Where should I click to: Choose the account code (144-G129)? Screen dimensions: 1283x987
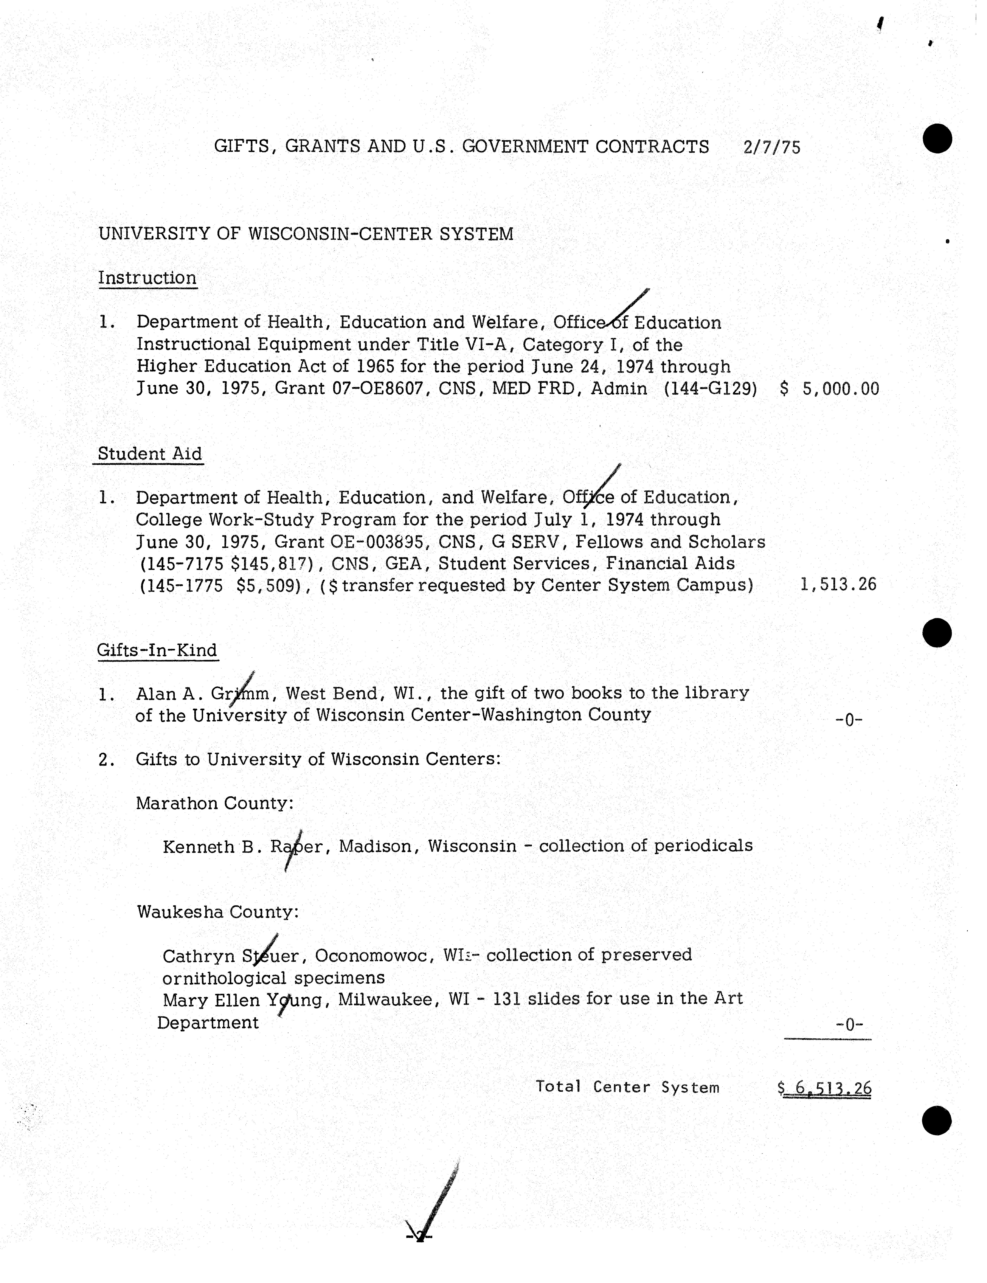point(710,388)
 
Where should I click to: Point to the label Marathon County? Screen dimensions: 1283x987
point(214,803)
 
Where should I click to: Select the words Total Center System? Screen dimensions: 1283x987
point(627,1087)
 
